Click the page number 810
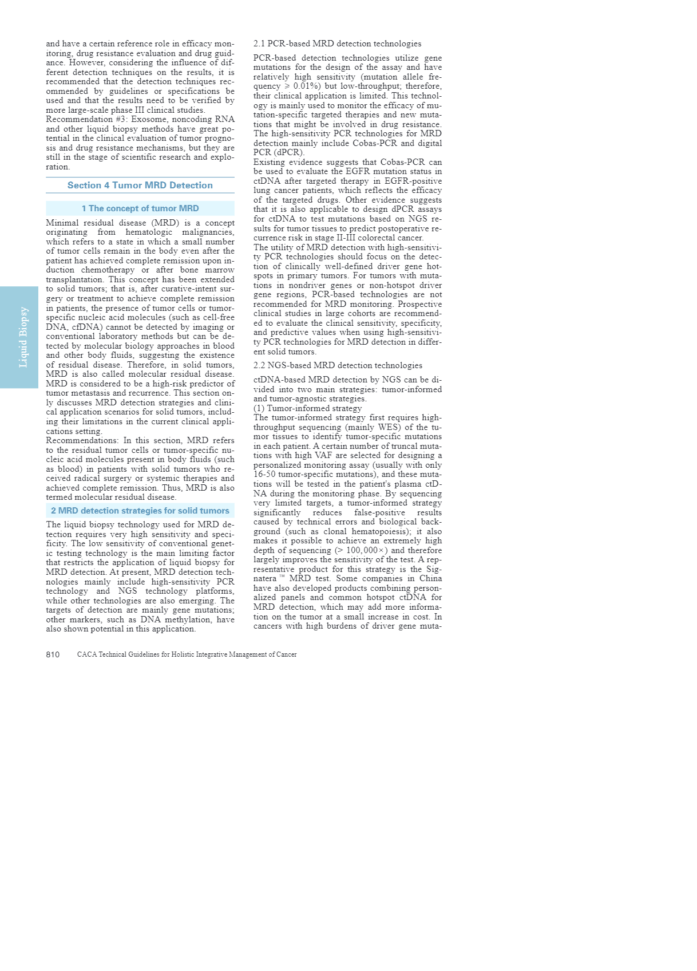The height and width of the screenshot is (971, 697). (x=53, y=654)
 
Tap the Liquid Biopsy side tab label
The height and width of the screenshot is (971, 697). (x=23, y=337)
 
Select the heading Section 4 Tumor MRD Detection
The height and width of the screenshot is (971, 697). (x=140, y=185)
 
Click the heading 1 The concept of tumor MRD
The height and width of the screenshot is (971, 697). (x=140, y=208)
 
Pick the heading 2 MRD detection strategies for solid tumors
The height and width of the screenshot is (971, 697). (x=140, y=511)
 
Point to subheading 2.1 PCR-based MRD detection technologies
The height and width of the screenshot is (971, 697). (x=337, y=44)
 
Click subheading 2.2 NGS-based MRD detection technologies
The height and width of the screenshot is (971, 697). (x=338, y=365)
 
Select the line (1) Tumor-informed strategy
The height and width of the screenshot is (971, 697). (x=307, y=408)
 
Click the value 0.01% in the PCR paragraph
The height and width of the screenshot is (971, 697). (x=305, y=86)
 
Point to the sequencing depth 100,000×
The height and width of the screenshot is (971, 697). (x=367, y=550)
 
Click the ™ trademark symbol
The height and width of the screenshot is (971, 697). (x=282, y=577)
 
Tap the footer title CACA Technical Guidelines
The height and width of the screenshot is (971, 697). (x=187, y=654)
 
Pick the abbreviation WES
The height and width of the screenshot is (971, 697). (x=389, y=427)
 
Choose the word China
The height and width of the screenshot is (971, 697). (x=430, y=578)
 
